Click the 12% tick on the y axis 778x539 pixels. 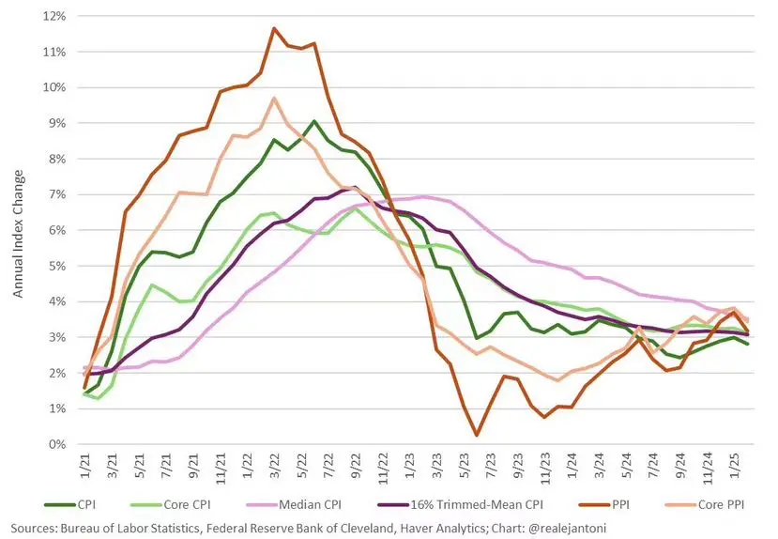(x=53, y=16)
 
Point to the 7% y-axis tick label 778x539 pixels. (x=55, y=194)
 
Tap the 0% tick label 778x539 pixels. (x=55, y=444)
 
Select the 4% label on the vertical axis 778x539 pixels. (x=55, y=301)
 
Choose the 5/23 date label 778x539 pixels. (x=465, y=464)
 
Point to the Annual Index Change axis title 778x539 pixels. (x=17, y=231)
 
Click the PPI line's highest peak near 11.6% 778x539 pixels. (x=273, y=28)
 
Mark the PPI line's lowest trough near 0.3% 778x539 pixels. (x=478, y=435)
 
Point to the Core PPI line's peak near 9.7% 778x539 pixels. (x=273, y=98)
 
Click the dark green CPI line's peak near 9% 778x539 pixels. (x=313, y=121)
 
